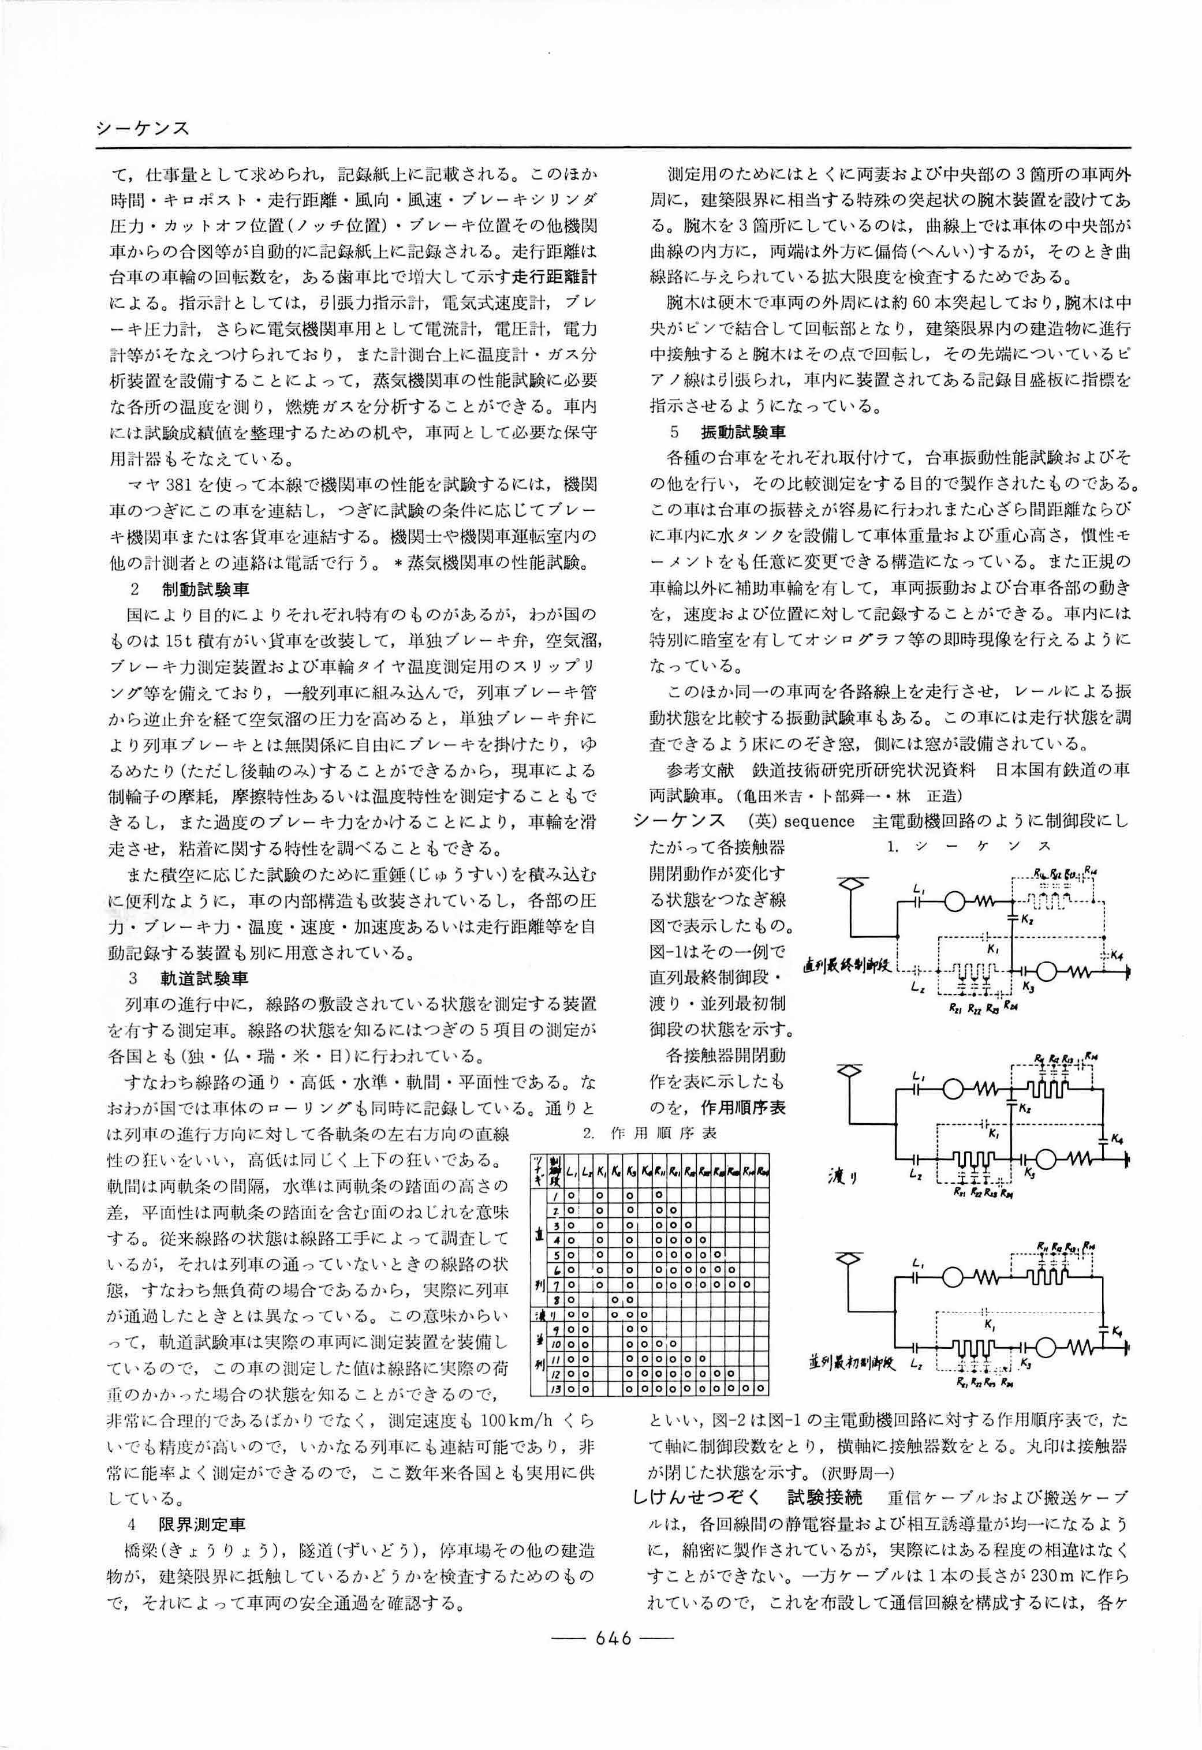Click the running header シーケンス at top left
coord(143,129)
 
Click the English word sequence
coord(818,821)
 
